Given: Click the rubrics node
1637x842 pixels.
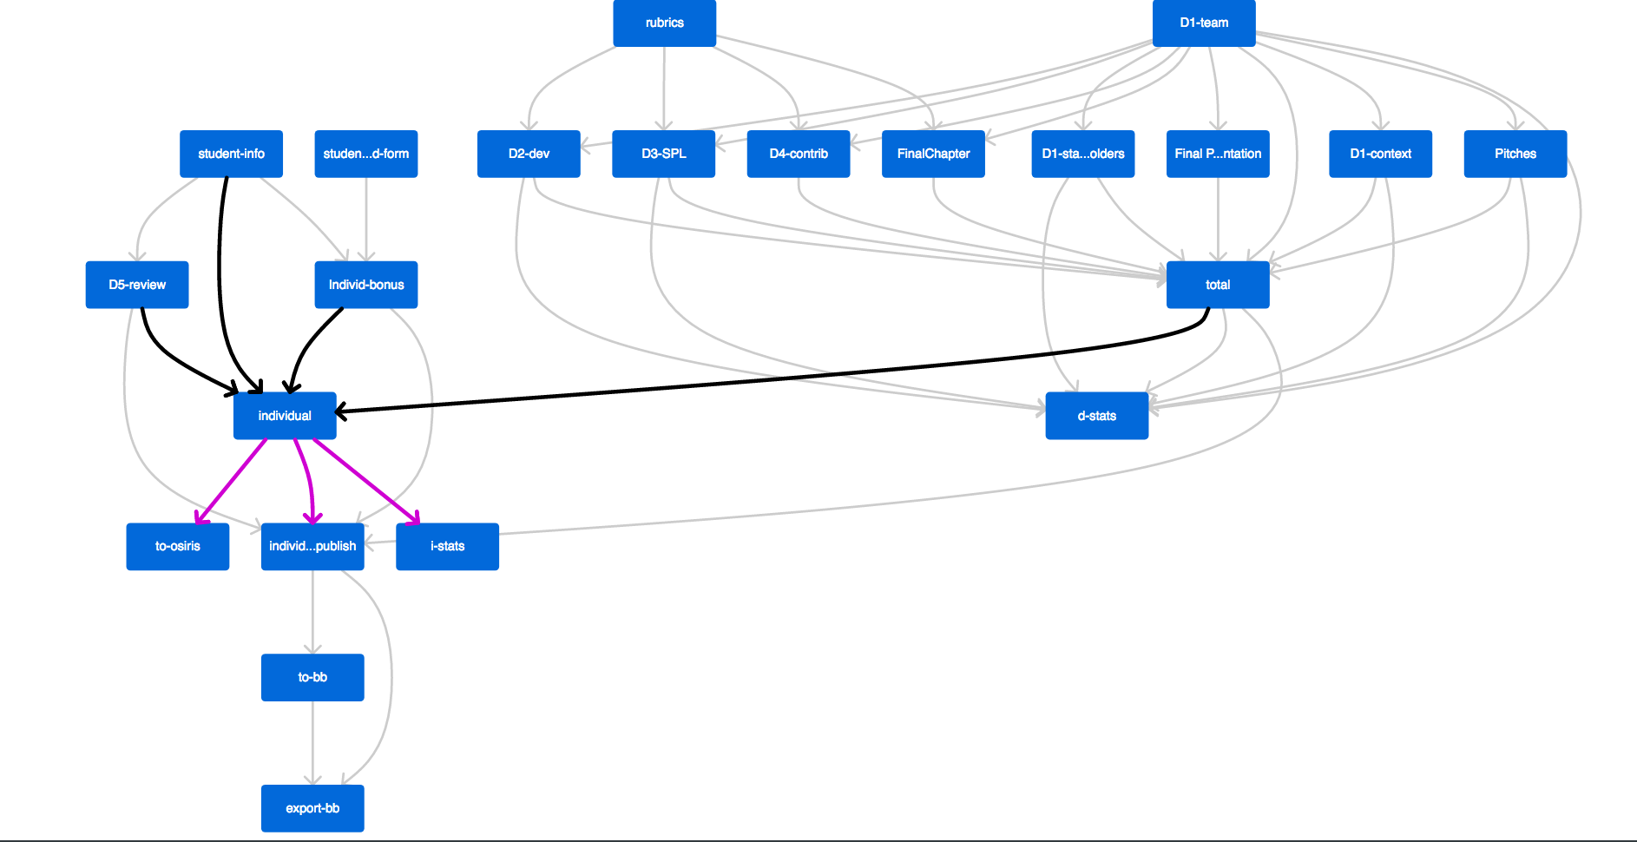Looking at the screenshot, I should pyautogui.click(x=664, y=23).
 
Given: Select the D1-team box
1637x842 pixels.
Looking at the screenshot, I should pyautogui.click(x=1203, y=23).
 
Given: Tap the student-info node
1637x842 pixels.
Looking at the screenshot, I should pyautogui.click(x=231, y=154).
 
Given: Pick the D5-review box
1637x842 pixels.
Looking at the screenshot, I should pyautogui.click(x=137, y=285).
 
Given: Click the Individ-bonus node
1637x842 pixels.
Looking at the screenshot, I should pyautogui.click(x=365, y=285).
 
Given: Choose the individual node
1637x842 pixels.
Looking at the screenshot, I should pyautogui.click(x=285, y=416).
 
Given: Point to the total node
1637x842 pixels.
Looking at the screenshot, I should pyautogui.click(x=1217, y=285).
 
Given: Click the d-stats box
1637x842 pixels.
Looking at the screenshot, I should pyautogui.click(x=1096, y=416).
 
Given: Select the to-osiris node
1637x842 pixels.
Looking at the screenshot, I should pyautogui.click(x=178, y=546).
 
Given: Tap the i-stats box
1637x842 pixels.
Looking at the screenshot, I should pyautogui.click(x=447, y=546).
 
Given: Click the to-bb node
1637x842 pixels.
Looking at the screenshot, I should pyautogui.click(x=312, y=677).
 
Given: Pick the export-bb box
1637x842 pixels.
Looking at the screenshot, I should pyautogui.click(x=312, y=808).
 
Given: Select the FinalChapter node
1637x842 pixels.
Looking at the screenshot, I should pyautogui.click(x=933, y=154).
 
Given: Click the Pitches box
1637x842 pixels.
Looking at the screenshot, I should pyautogui.click(x=1515, y=154).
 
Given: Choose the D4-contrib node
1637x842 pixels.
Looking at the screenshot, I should pyautogui.click(x=799, y=154).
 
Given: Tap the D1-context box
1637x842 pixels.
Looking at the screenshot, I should pyautogui.click(x=1380, y=154).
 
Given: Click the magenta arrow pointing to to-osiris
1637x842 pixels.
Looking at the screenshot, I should pyautogui.click(x=232, y=481).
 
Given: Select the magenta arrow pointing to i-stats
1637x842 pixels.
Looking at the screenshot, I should pyautogui.click(x=366, y=481).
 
